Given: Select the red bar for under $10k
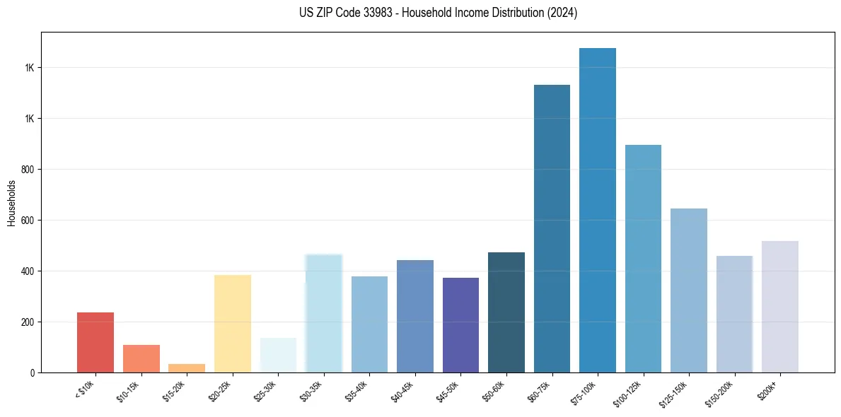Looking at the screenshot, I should tap(95, 342).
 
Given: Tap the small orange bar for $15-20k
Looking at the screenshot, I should tap(187, 368).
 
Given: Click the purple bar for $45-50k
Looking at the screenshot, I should tap(460, 325).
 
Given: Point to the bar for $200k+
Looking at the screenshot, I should tap(780, 307).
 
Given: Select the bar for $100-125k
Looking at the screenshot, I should tap(643, 259).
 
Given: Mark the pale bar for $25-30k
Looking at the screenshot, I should tap(278, 355).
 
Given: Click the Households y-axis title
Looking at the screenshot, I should tap(12, 202).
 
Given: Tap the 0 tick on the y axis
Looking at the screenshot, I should tap(32, 373).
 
